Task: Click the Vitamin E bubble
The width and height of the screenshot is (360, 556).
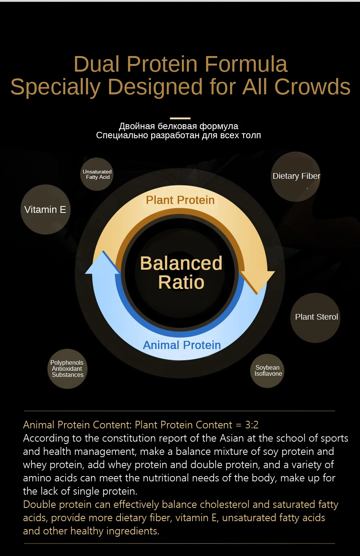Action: (45, 209)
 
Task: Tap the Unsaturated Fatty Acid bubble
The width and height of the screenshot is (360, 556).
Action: (97, 174)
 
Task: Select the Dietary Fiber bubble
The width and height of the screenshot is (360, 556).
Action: (296, 176)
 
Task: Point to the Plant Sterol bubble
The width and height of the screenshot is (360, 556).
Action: (316, 317)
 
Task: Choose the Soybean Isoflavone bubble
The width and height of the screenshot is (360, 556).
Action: (268, 370)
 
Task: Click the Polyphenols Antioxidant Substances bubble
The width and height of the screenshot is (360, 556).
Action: (67, 369)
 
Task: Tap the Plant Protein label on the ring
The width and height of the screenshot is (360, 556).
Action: (180, 200)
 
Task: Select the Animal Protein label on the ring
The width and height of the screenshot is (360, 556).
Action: (182, 345)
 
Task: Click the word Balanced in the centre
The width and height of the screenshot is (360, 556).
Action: (181, 263)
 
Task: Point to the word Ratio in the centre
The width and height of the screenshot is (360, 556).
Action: (181, 282)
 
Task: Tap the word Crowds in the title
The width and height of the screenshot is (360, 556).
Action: (312, 87)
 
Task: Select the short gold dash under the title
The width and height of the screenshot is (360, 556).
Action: (180, 118)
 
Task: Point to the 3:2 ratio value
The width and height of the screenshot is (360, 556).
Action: (252, 425)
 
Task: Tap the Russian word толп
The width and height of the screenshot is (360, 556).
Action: (251, 135)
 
